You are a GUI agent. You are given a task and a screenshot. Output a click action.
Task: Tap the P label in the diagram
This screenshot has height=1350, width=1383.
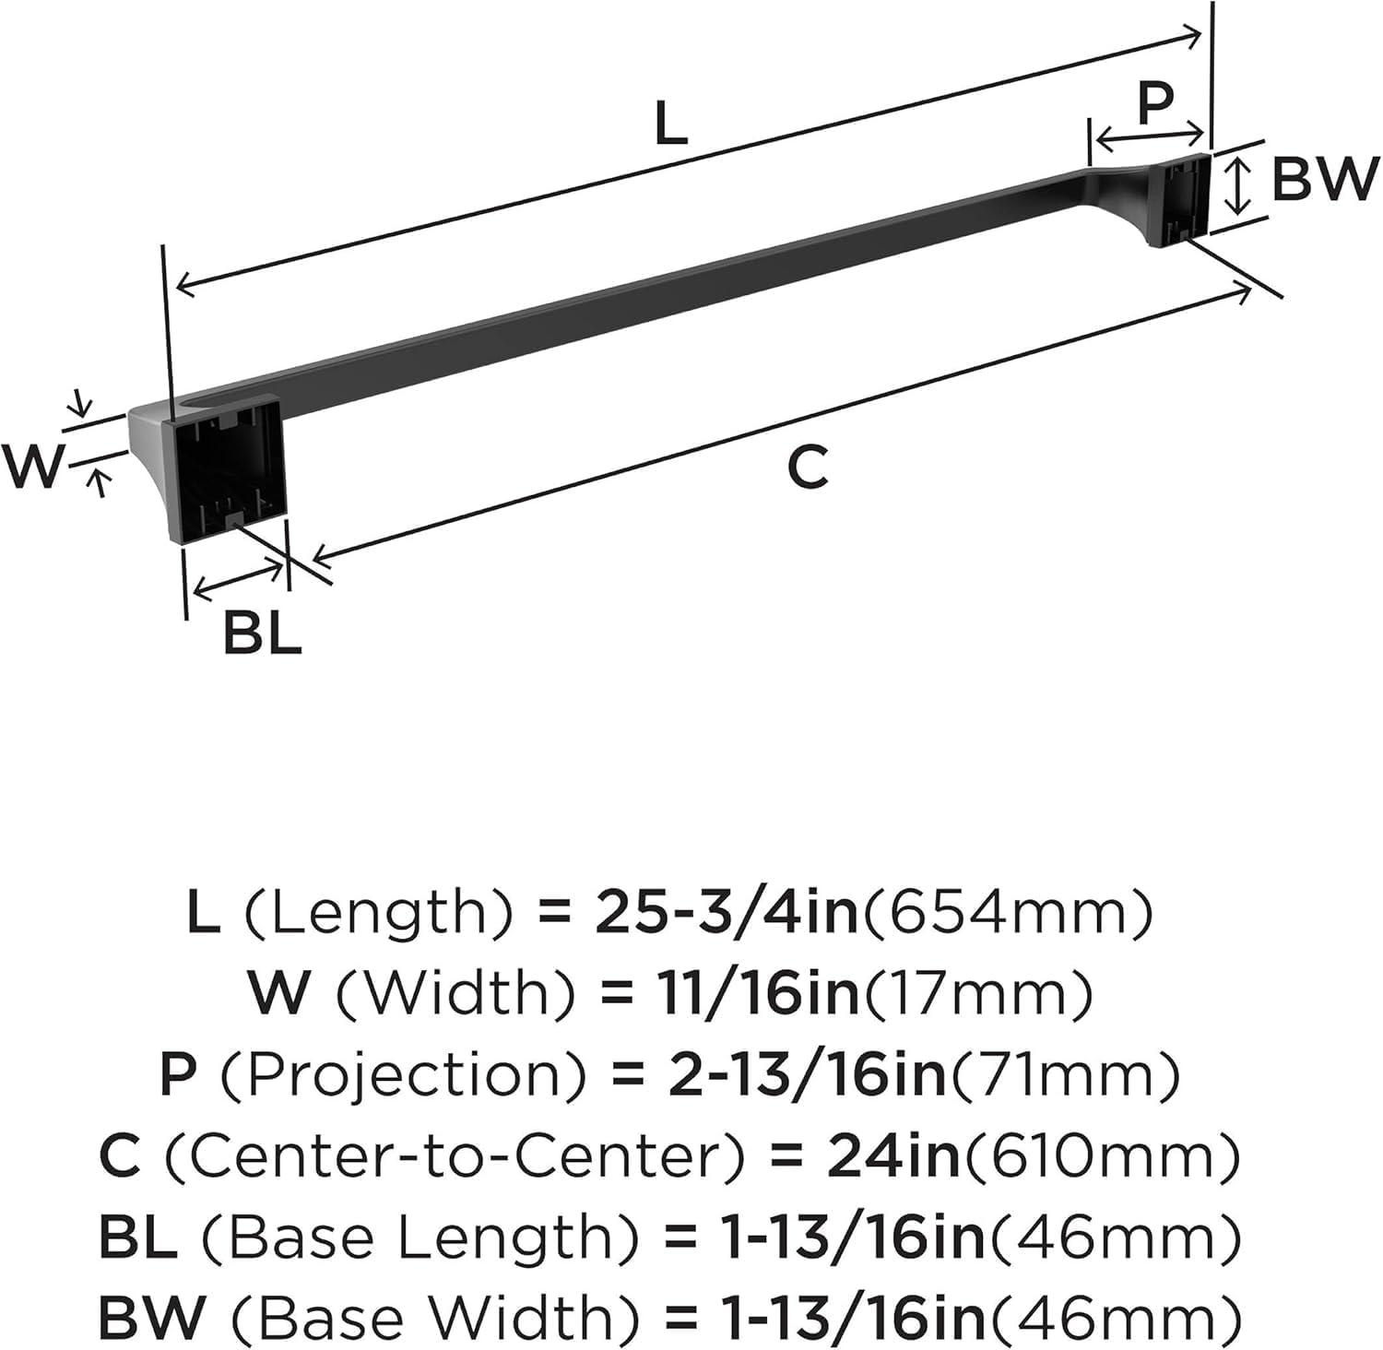click(x=1153, y=102)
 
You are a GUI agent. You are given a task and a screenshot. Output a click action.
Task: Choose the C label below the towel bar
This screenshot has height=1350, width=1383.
click(x=808, y=466)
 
